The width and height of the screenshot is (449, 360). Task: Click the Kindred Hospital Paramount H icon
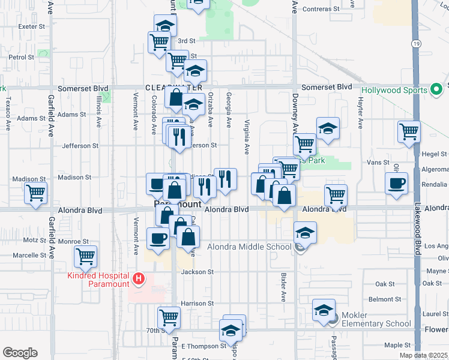(x=139, y=278)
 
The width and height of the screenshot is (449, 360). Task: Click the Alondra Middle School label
(x=249, y=247)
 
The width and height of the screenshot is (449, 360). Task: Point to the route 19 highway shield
(x=415, y=44)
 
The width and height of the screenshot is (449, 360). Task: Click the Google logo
(x=20, y=352)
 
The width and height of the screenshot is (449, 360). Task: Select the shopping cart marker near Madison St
(x=36, y=193)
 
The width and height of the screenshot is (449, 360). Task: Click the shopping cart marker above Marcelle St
(x=85, y=256)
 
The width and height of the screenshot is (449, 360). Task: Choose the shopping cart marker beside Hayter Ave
(x=409, y=131)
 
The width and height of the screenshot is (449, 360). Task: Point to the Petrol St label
(x=21, y=58)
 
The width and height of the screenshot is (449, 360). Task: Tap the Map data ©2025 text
(x=424, y=355)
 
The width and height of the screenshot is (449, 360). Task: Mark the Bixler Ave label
(x=282, y=289)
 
